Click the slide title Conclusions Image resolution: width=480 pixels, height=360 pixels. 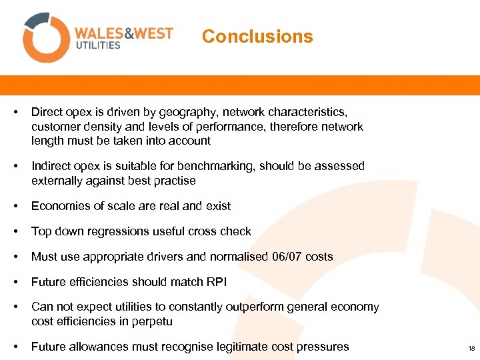pyautogui.click(x=257, y=37)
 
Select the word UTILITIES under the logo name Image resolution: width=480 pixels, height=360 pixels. pyautogui.click(x=97, y=45)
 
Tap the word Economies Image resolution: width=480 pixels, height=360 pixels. pyautogui.click(x=59, y=206)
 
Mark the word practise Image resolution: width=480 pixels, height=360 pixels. pyautogui.click(x=175, y=181)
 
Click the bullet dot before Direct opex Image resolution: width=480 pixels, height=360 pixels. pyautogui.click(x=15, y=113)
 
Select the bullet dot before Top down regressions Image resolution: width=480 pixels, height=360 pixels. pyautogui.click(x=15, y=231)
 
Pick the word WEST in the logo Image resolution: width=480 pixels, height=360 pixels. pyautogui.click(x=153, y=33)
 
